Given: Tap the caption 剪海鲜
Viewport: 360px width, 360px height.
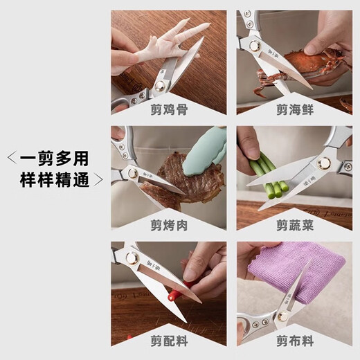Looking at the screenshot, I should [294, 107].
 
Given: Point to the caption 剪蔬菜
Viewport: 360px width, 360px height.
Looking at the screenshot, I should [294, 224].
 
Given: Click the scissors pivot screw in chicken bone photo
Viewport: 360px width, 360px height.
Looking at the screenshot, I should [160, 85].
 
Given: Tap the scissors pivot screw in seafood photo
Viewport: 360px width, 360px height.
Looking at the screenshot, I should [265, 46].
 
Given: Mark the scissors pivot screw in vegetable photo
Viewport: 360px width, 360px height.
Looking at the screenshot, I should [323, 164].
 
